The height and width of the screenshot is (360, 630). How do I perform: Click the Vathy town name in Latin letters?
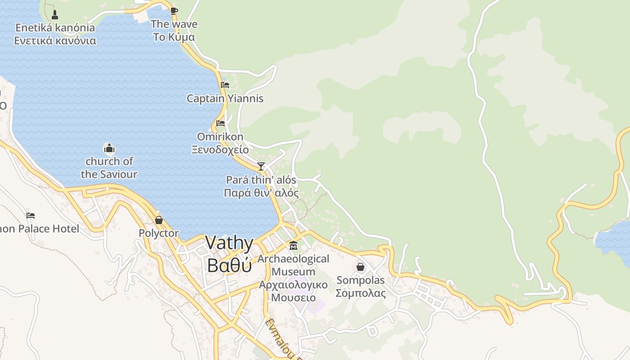229,243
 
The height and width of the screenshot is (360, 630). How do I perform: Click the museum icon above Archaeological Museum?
293,246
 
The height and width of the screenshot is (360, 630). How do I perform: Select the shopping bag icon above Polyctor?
158,220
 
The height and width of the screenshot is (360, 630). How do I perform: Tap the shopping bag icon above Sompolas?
360,267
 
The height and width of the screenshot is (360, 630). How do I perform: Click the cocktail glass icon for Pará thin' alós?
261,166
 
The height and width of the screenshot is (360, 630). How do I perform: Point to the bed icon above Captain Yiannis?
225,85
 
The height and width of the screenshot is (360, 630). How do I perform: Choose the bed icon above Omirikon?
220,123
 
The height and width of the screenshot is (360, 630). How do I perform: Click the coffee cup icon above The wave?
174,11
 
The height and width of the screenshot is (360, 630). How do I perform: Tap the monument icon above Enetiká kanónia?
55,14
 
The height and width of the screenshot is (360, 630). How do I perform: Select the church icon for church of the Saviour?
109,148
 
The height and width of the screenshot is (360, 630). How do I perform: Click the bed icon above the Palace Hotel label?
31,216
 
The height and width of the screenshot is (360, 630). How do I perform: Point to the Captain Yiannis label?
225,99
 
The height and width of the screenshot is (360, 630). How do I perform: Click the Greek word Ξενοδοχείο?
220,149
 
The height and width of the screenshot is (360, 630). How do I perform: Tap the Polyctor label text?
158,234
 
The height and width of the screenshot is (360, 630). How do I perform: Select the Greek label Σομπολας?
360,293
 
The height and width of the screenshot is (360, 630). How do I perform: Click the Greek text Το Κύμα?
174,37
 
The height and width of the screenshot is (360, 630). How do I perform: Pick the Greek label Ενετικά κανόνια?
55,40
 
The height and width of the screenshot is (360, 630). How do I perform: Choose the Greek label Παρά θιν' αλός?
261,193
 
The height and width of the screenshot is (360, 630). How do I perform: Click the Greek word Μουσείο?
293,297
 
